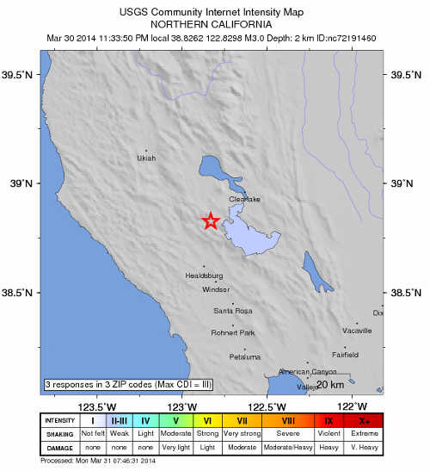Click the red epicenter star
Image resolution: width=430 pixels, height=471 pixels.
pos(210,221)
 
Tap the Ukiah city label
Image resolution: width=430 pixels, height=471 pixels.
pos(147,158)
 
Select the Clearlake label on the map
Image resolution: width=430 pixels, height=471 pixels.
pos(244,200)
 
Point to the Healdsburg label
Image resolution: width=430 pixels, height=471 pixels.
pos(204,276)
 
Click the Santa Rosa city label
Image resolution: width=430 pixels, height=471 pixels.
pos(232,310)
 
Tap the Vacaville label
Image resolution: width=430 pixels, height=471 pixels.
pos(357,331)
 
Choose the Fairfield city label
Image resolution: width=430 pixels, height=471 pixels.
pos(345,354)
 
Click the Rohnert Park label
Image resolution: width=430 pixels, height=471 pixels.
pos(232,333)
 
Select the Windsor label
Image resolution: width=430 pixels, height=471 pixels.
pos(216,290)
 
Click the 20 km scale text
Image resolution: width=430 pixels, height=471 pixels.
pos(332,384)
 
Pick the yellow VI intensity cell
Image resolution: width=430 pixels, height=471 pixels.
pos(207,421)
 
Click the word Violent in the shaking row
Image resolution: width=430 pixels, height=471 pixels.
pos(329,433)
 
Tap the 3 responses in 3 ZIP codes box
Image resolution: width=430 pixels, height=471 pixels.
pos(127,384)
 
